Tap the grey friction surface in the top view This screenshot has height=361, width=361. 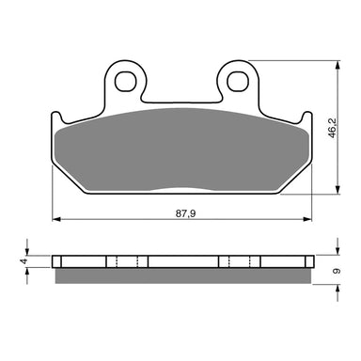[x=181, y=150]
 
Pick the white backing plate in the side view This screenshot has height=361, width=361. [x=181, y=260]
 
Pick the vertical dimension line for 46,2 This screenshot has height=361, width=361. [x=335, y=160]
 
